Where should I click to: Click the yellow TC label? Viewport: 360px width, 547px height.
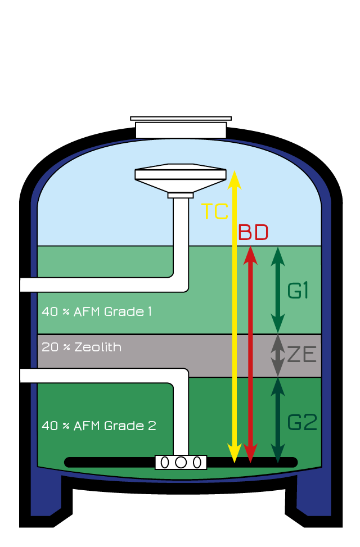click(x=215, y=211)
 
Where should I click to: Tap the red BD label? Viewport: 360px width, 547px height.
click(x=253, y=232)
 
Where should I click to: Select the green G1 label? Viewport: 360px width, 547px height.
click(x=298, y=291)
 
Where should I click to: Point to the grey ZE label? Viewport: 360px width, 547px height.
click(x=302, y=355)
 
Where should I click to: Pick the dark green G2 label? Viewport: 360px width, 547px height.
click(x=303, y=422)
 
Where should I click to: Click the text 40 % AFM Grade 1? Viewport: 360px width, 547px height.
click(x=97, y=311)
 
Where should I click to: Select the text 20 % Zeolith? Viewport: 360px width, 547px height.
click(x=82, y=347)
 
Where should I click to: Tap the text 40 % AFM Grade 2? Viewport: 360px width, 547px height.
click(x=99, y=426)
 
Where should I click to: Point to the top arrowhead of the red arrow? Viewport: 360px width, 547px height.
click(x=251, y=254)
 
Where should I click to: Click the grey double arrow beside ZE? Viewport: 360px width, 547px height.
click(x=277, y=355)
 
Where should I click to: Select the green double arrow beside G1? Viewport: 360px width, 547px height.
click(x=277, y=290)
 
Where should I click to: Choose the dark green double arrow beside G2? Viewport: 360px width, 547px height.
click(x=277, y=421)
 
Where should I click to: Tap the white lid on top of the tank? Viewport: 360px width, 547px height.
click(x=181, y=128)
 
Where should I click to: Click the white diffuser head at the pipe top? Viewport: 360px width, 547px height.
click(x=181, y=174)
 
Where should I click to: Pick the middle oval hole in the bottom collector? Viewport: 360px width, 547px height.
click(x=181, y=462)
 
